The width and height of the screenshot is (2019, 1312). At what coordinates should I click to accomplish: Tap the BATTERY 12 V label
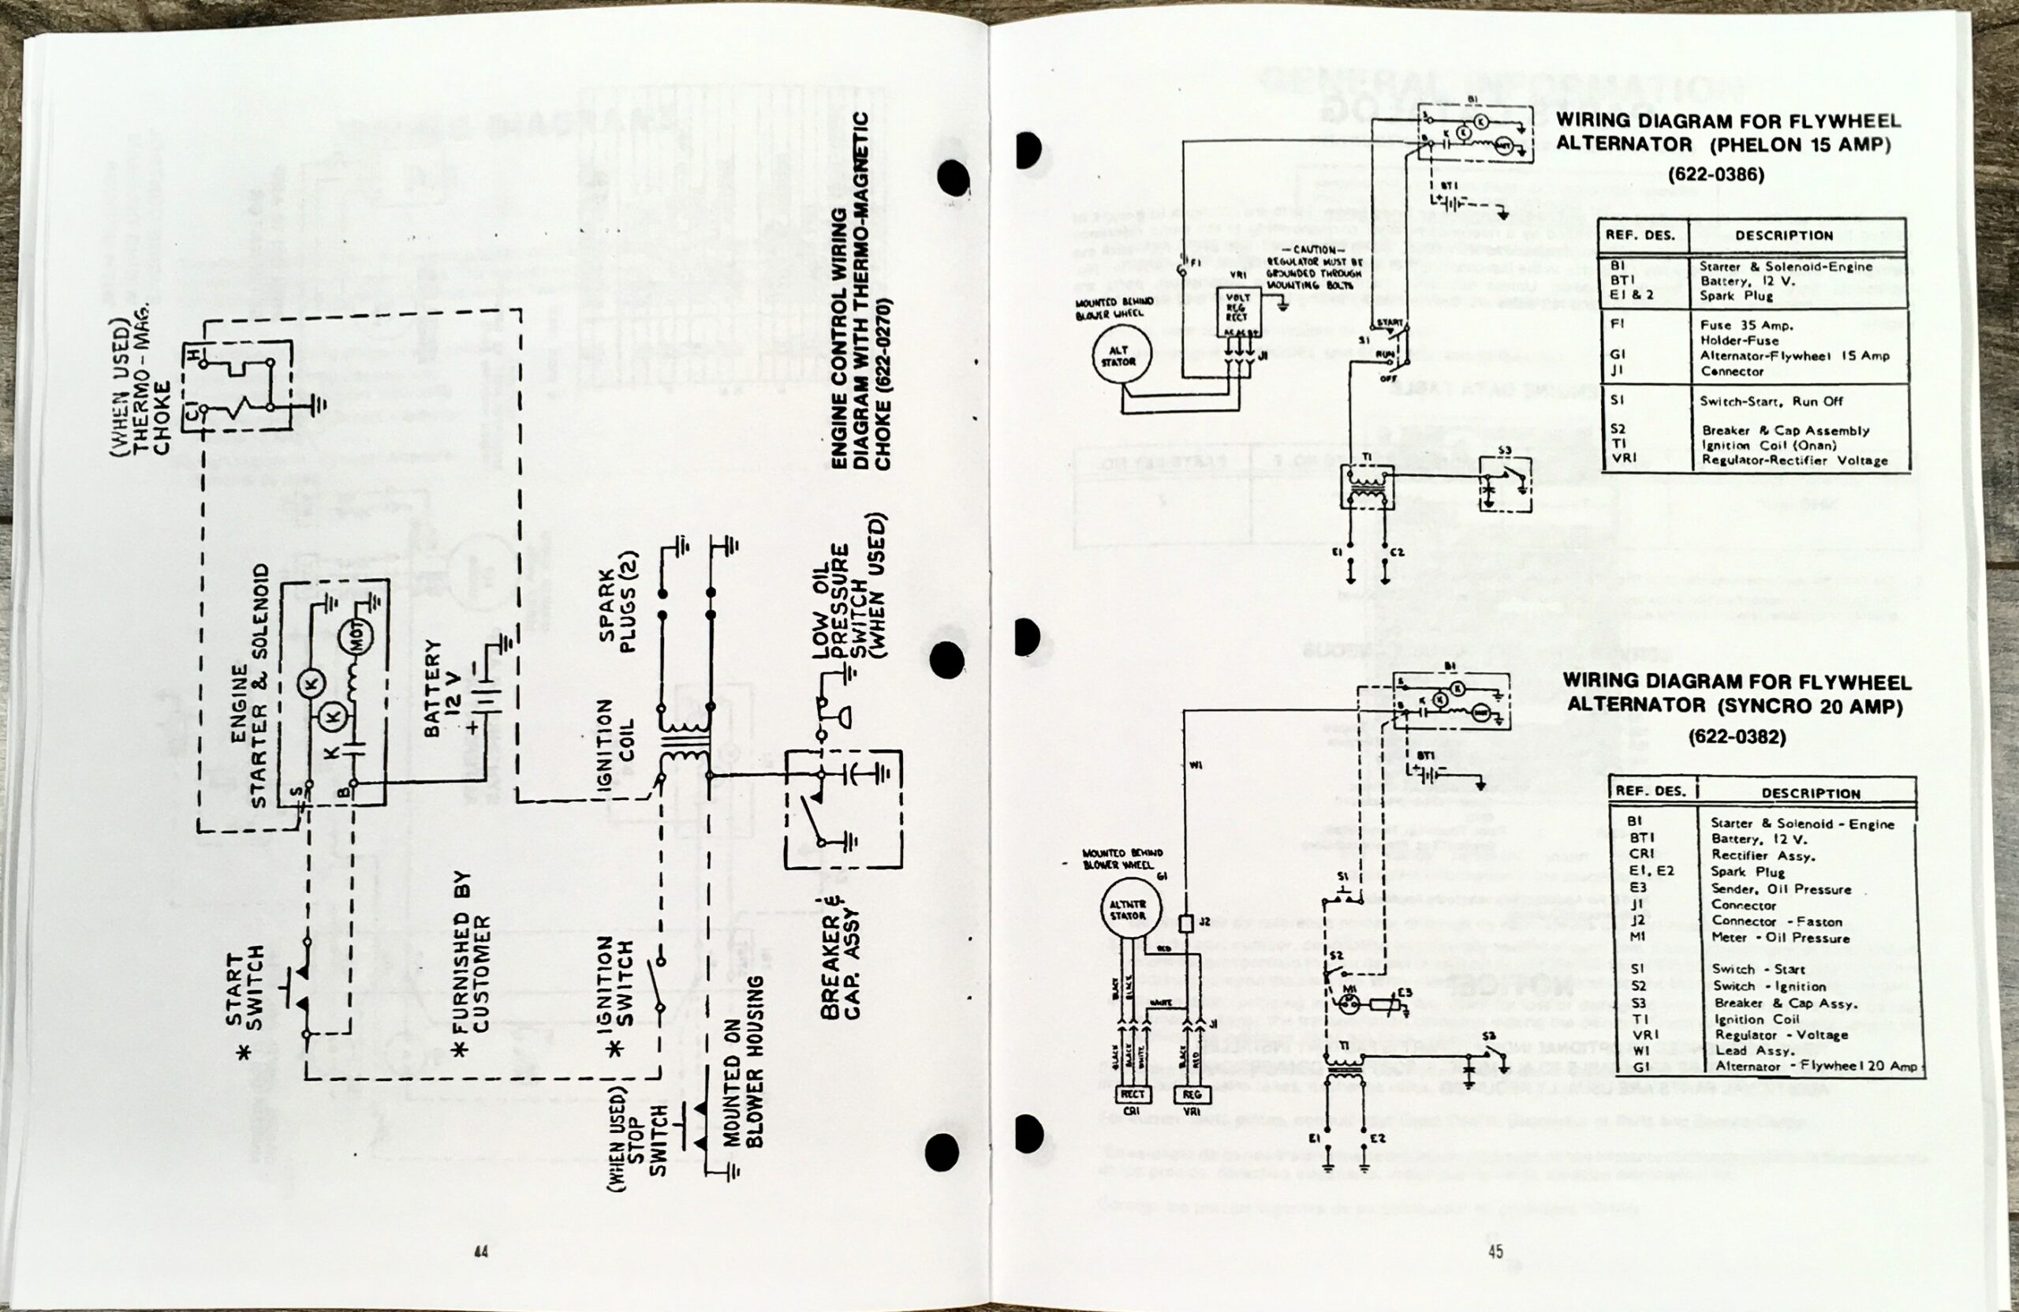tap(442, 687)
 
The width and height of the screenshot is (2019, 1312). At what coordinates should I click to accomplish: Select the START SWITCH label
tap(246, 988)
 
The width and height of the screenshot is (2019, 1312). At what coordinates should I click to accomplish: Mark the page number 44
tap(481, 1252)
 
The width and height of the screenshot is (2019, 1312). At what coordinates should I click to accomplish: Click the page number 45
tap(1495, 1251)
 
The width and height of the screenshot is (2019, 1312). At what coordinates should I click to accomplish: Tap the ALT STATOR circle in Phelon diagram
tap(1120, 357)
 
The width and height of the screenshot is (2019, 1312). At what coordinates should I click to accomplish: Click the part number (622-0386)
tap(1715, 175)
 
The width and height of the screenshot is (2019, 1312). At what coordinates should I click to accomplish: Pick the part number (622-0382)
tap(1737, 737)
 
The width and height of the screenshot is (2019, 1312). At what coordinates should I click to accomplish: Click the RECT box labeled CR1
tap(1133, 1095)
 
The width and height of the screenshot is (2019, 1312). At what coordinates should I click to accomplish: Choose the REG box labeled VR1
tap(1191, 1095)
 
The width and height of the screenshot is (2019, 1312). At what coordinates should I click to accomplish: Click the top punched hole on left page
tap(952, 178)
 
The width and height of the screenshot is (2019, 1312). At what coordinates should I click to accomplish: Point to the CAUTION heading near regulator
tap(1314, 250)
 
